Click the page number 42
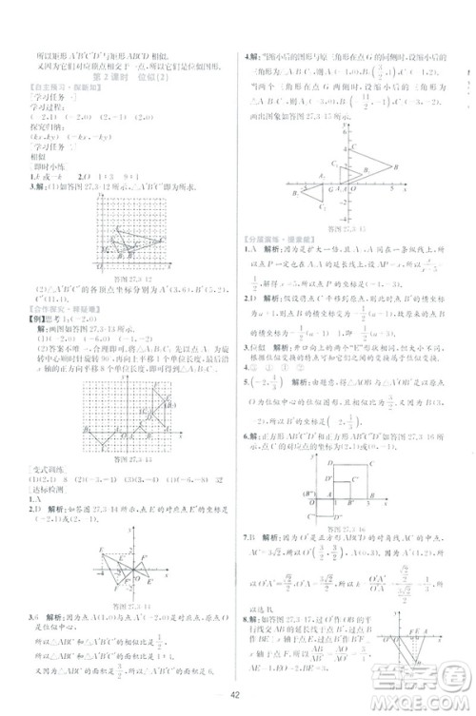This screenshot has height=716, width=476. pos(239,704)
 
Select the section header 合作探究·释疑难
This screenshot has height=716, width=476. pos(50,309)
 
